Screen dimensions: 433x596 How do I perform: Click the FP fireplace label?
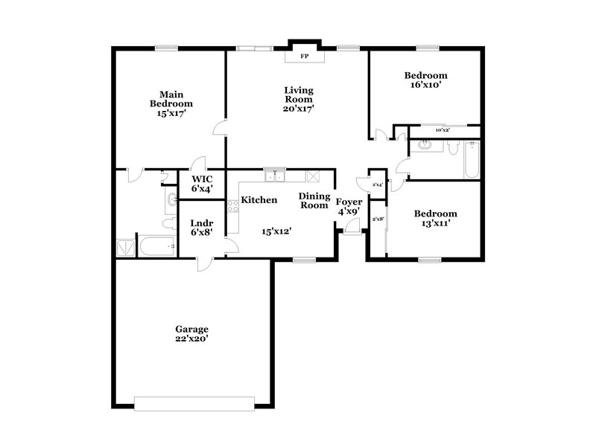[x=304, y=56]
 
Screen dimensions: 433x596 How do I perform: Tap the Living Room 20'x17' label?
[x=298, y=99]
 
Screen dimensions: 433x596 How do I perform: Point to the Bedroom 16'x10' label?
[x=425, y=80]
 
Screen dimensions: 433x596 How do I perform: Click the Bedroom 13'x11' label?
[x=435, y=217]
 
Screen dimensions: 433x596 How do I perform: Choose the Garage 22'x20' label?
[x=191, y=333]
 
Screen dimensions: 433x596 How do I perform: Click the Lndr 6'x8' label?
[x=202, y=227]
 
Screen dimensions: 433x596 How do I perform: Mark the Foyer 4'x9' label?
[x=349, y=206]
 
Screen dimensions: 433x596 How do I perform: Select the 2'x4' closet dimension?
[x=377, y=185]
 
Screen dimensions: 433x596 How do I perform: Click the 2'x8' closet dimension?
[x=378, y=219]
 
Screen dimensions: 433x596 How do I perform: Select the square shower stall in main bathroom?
[x=127, y=246]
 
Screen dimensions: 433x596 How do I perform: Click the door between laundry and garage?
[x=203, y=262]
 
